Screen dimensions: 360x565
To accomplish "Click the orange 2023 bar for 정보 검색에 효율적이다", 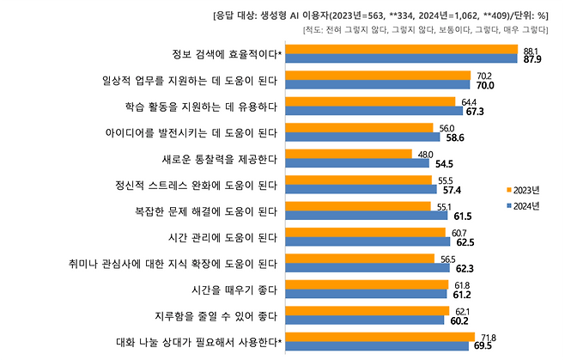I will point(402,49).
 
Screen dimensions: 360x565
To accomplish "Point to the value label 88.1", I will point(531,51).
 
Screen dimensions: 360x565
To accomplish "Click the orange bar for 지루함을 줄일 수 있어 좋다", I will point(368,309).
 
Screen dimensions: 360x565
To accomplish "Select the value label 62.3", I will point(461,268).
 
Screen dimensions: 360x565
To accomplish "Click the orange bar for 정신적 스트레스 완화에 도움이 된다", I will point(360,179).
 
